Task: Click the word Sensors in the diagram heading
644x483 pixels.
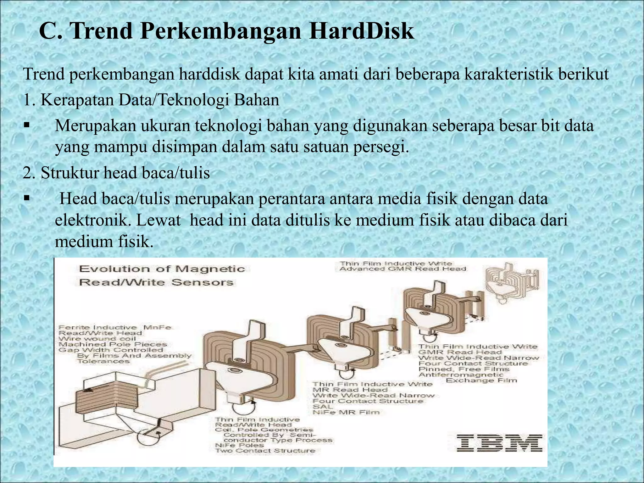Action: (202, 282)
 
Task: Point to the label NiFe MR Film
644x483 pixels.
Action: (346, 412)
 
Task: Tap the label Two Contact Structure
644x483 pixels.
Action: (265, 450)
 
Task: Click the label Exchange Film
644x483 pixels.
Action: (481, 380)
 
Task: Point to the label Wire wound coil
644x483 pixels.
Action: (97, 339)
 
